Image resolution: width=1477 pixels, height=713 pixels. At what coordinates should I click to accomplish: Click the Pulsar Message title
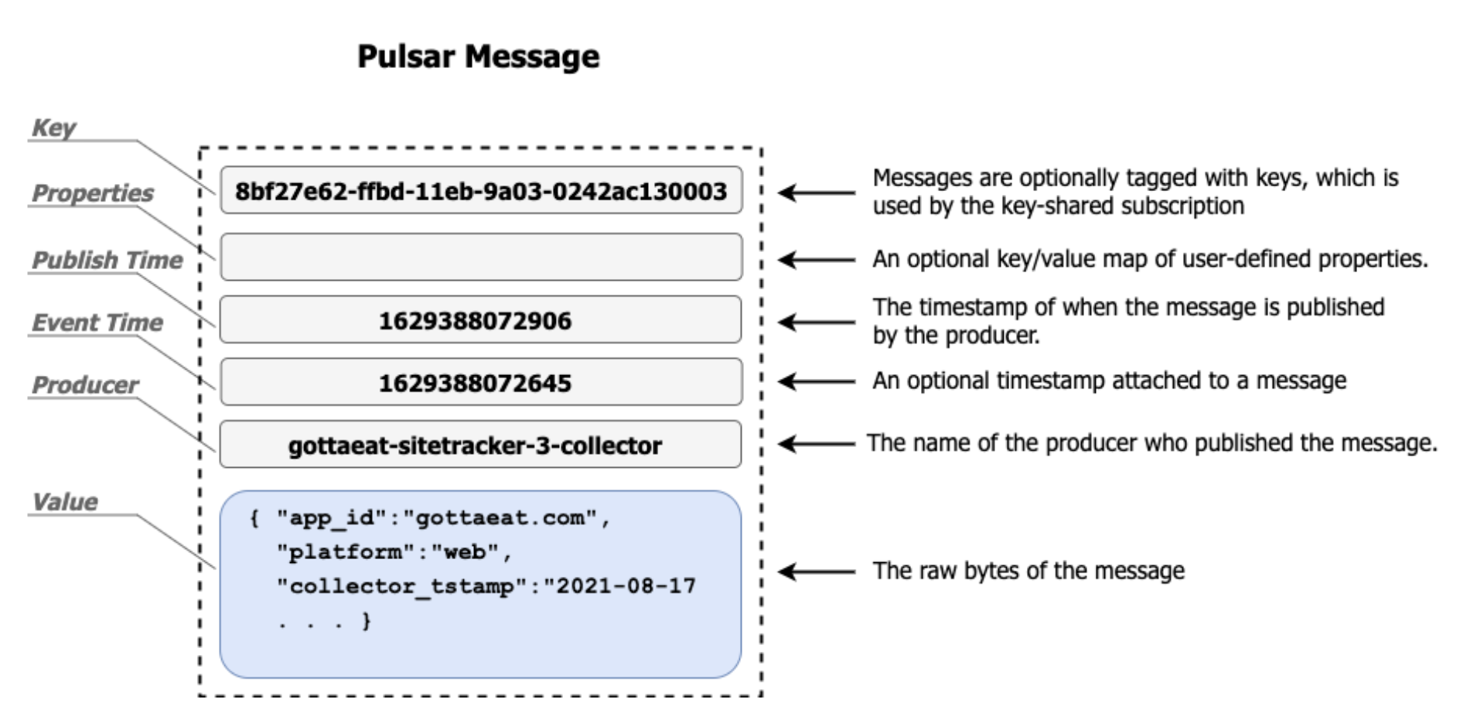pos(478,56)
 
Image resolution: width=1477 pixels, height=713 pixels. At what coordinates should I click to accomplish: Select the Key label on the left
pos(53,128)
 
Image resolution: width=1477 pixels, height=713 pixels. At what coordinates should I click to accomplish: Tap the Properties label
pos(93,193)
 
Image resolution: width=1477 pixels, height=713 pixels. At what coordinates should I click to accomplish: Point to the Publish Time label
pos(107,260)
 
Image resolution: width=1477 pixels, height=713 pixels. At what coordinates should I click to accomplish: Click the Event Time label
pos(97,322)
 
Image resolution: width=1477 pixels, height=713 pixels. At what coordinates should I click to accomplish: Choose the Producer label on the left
pos(85,384)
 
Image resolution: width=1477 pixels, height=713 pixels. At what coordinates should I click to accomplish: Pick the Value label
pos(65,502)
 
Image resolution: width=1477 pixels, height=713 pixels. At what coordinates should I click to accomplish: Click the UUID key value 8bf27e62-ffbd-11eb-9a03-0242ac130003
pos(480,191)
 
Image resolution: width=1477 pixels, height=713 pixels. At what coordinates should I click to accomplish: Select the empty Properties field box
pos(480,257)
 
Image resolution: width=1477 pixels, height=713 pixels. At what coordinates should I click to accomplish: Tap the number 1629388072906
pos(475,321)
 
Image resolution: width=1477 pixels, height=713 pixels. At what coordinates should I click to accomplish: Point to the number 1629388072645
pos(475,383)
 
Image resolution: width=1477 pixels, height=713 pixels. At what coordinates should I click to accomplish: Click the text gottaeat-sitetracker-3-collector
pos(475,445)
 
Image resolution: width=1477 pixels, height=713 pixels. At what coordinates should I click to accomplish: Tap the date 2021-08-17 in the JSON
pos(625,585)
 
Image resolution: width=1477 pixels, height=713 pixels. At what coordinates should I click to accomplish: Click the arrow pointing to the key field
pos(815,193)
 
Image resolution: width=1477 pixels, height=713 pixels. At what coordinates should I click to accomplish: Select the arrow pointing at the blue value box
pos(815,571)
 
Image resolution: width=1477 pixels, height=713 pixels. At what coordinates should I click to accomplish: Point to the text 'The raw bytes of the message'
pos(1028,571)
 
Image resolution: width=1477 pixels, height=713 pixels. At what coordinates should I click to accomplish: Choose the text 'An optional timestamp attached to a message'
pos(1109,380)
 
